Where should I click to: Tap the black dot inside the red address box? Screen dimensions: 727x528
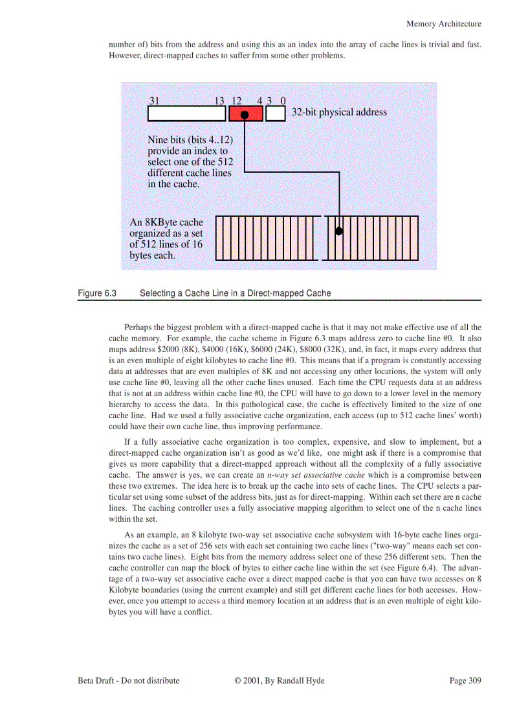tap(245, 115)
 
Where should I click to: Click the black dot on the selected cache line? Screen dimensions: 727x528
tap(339, 230)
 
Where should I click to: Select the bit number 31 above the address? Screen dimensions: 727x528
tap(155, 101)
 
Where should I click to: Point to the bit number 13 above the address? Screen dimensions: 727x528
tap(219, 101)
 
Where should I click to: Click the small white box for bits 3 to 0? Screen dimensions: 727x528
tap(276, 114)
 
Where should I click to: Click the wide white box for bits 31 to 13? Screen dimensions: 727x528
tap(187, 114)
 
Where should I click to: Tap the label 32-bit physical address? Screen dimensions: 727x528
tap(339, 112)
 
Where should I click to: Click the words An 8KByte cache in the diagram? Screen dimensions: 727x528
tap(166, 222)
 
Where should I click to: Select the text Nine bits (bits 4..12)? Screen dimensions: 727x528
tap(190, 140)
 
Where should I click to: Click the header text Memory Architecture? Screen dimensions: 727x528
tap(443, 24)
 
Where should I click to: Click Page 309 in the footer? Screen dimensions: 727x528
tap(465, 680)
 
